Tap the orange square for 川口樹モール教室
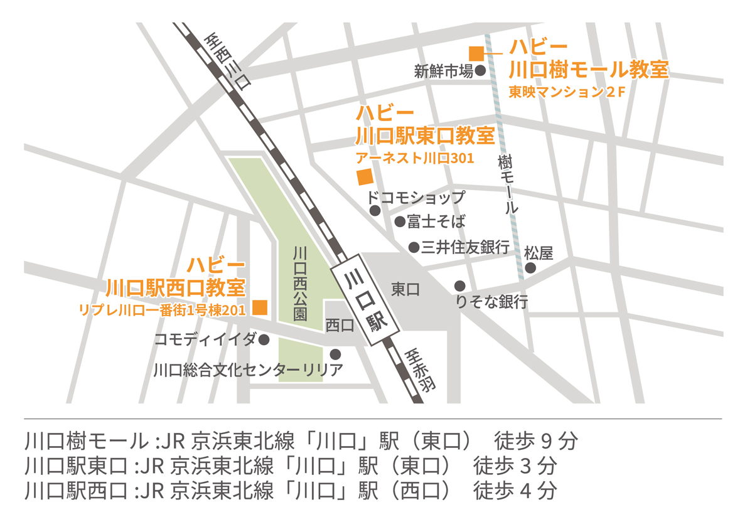tap(477, 54)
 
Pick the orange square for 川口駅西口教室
tap(259, 307)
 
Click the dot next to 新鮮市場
tap(480, 72)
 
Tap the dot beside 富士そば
tap(399, 221)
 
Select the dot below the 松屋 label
tap(530, 269)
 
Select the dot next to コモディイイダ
tap(264, 339)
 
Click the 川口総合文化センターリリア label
tap(248, 370)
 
